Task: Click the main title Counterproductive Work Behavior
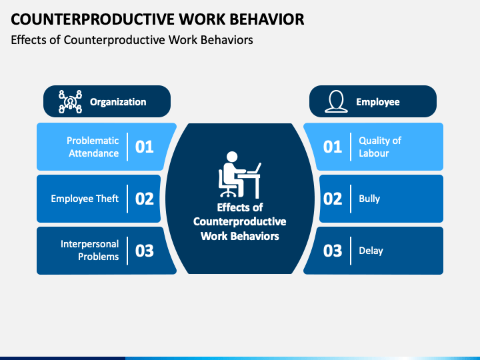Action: click(x=157, y=19)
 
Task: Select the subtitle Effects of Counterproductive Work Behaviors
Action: click(x=132, y=40)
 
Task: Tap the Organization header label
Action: click(x=118, y=102)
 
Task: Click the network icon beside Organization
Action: click(x=70, y=101)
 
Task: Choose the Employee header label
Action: click(x=377, y=102)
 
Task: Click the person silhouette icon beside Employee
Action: click(x=336, y=101)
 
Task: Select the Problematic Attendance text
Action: click(x=93, y=147)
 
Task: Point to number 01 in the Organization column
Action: click(x=144, y=147)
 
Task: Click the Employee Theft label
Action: click(x=85, y=199)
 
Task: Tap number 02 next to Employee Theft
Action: click(x=144, y=199)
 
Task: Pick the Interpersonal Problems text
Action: click(x=89, y=251)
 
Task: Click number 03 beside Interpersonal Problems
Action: click(x=144, y=251)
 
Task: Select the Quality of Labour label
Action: click(x=379, y=147)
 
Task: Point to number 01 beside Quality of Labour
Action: click(x=332, y=147)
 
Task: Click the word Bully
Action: click(x=369, y=199)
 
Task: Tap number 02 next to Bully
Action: click(x=332, y=199)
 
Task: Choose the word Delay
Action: click(x=371, y=251)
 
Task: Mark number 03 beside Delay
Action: click(x=332, y=251)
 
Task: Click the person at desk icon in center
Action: click(x=239, y=175)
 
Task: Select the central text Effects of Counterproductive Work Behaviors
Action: click(x=239, y=222)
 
